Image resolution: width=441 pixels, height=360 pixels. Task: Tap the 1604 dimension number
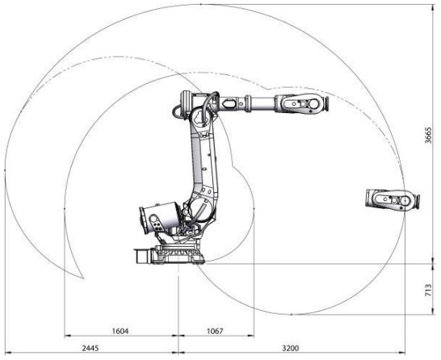(x=120, y=329)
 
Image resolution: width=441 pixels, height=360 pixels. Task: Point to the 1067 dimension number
(x=215, y=329)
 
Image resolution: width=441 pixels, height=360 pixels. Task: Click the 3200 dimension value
(x=290, y=348)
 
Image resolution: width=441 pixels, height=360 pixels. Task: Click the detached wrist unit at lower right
(x=392, y=199)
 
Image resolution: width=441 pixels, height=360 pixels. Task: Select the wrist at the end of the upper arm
(x=300, y=103)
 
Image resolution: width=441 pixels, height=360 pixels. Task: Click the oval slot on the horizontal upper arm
(x=233, y=103)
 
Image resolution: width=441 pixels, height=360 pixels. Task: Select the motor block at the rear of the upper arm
(x=183, y=103)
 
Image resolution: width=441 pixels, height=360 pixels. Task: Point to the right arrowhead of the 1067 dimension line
(x=253, y=335)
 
